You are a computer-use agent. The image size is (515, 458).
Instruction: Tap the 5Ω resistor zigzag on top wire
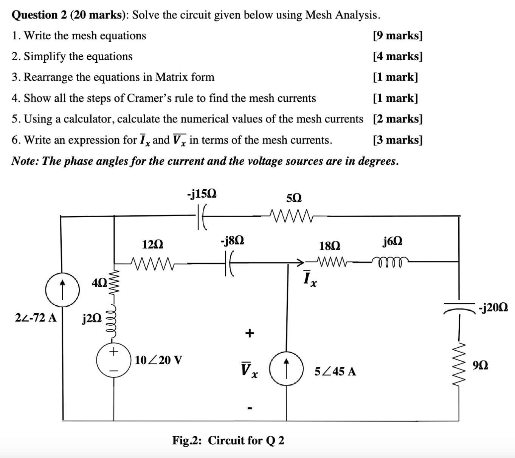290,216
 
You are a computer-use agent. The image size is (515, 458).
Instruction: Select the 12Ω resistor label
153,245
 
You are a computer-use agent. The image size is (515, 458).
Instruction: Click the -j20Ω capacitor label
493,307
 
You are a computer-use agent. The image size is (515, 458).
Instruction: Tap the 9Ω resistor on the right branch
460,365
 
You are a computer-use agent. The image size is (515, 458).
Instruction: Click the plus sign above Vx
249,333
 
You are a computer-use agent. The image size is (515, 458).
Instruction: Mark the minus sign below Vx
249,408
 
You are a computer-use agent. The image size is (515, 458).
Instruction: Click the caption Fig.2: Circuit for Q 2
228,440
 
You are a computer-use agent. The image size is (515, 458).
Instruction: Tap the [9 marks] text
397,36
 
